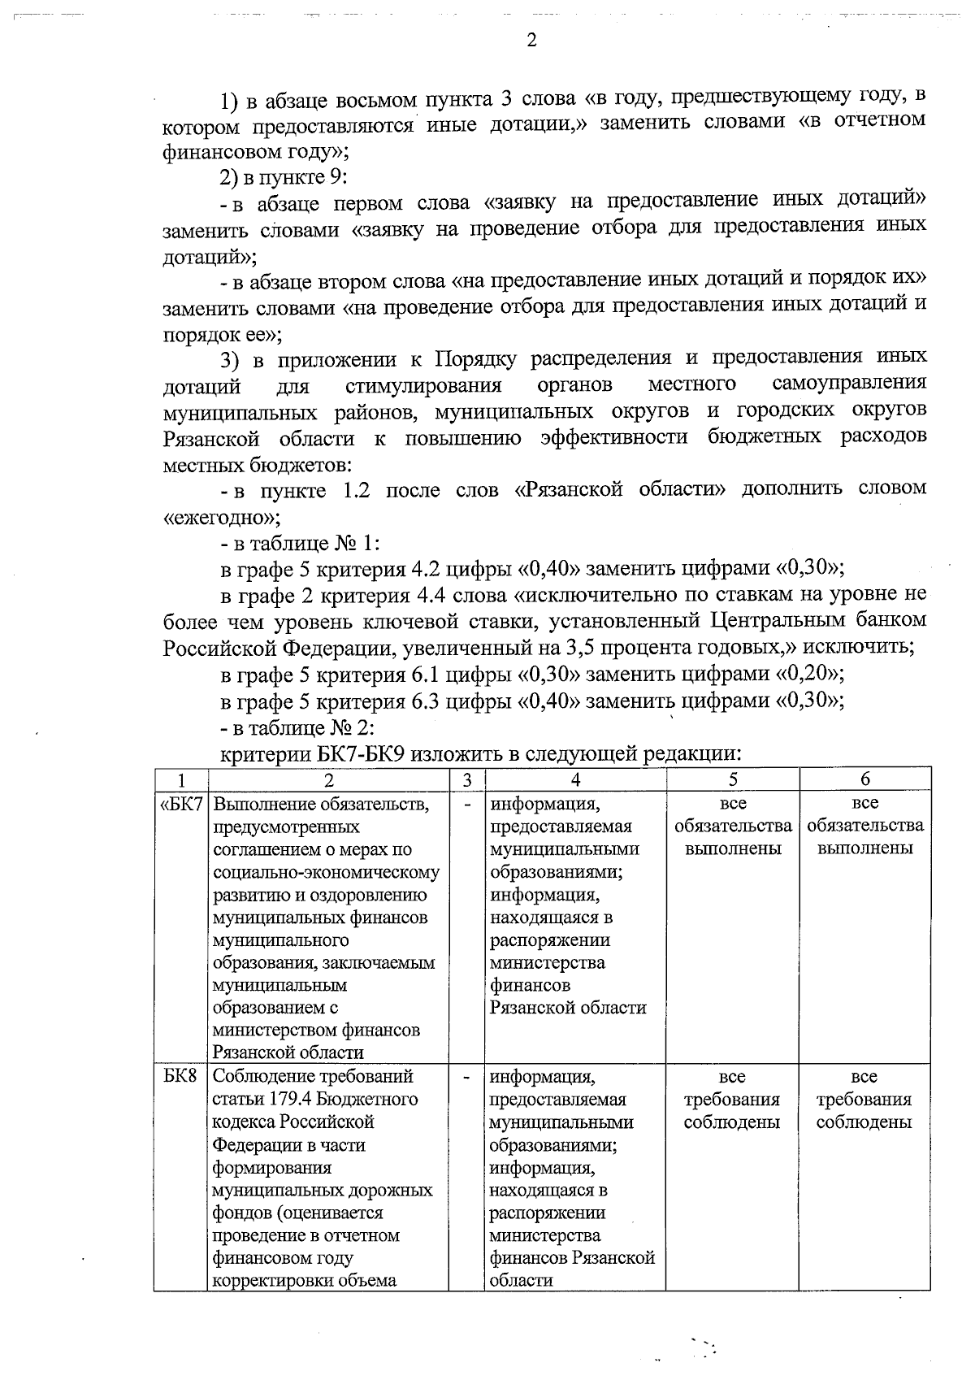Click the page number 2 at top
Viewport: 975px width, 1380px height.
coord(531,41)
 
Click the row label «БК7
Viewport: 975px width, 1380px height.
coord(182,804)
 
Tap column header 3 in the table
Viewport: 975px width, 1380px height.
coord(467,779)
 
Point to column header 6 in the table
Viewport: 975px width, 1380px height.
coord(865,779)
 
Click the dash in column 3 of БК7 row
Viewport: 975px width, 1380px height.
coord(467,804)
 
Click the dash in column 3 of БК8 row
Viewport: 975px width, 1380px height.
coord(467,1076)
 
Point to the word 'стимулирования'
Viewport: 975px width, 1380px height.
coord(423,384)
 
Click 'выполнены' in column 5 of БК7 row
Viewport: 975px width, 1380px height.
coord(732,848)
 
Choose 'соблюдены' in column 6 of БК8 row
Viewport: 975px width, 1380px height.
coord(864,1122)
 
